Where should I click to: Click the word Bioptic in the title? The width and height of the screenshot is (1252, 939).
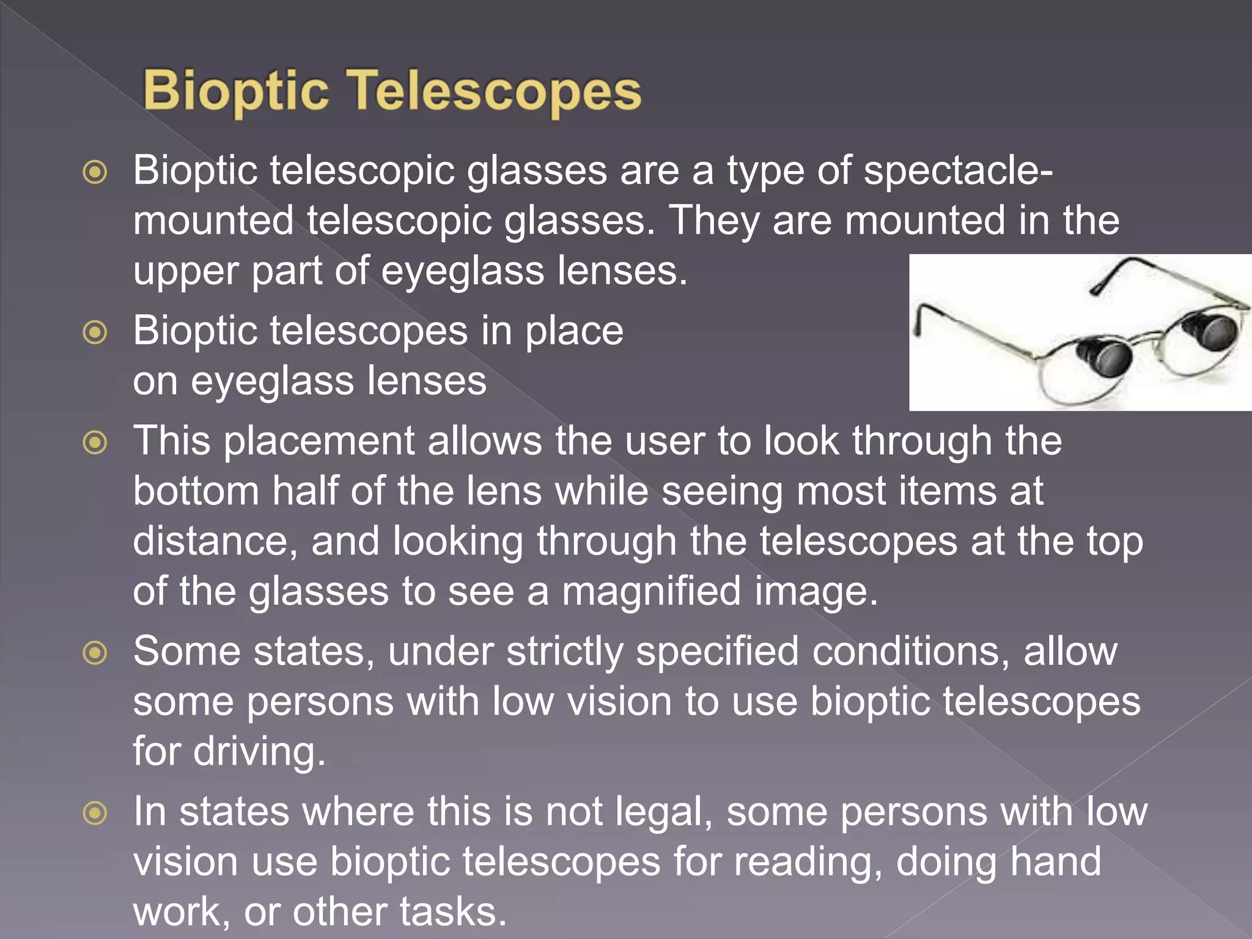[236, 91]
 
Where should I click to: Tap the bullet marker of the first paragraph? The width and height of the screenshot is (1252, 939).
[95, 172]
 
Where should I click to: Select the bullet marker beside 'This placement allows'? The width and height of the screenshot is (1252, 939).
[95, 443]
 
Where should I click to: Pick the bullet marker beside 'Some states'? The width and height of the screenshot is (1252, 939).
[95, 653]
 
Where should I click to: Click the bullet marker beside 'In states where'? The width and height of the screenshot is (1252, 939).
[95, 814]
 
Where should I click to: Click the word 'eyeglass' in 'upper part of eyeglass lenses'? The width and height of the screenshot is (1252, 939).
[462, 271]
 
